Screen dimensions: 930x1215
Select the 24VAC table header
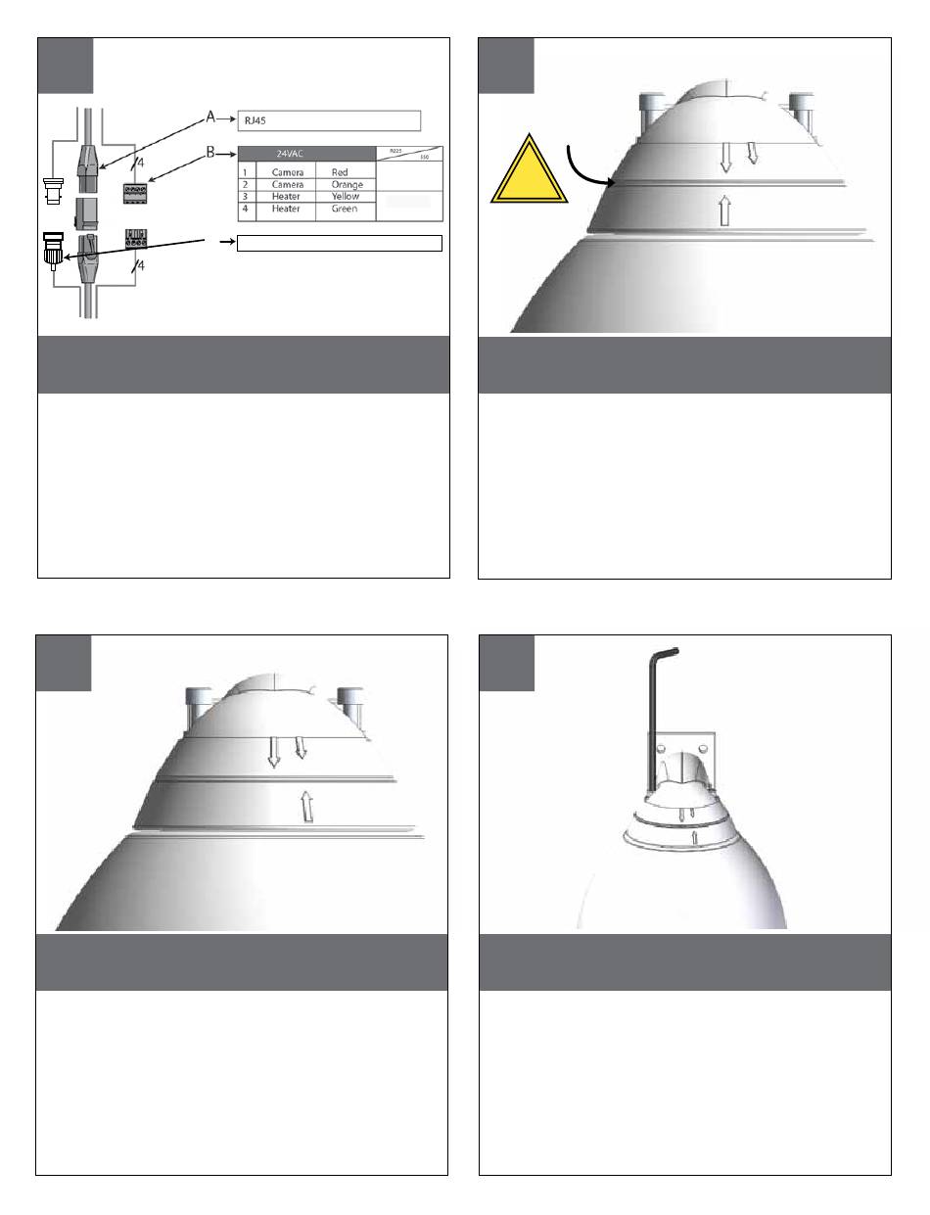click(x=288, y=154)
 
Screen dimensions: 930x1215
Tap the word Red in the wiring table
click(x=340, y=172)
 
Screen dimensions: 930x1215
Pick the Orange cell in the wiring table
click(x=347, y=184)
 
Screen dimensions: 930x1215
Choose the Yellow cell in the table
click(x=346, y=196)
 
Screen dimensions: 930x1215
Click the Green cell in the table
click(x=346, y=209)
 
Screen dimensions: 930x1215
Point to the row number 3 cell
click(x=244, y=196)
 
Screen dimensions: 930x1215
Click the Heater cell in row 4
click(x=285, y=209)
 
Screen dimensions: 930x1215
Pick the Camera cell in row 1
click(x=286, y=172)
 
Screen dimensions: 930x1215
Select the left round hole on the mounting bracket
click(x=665, y=749)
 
